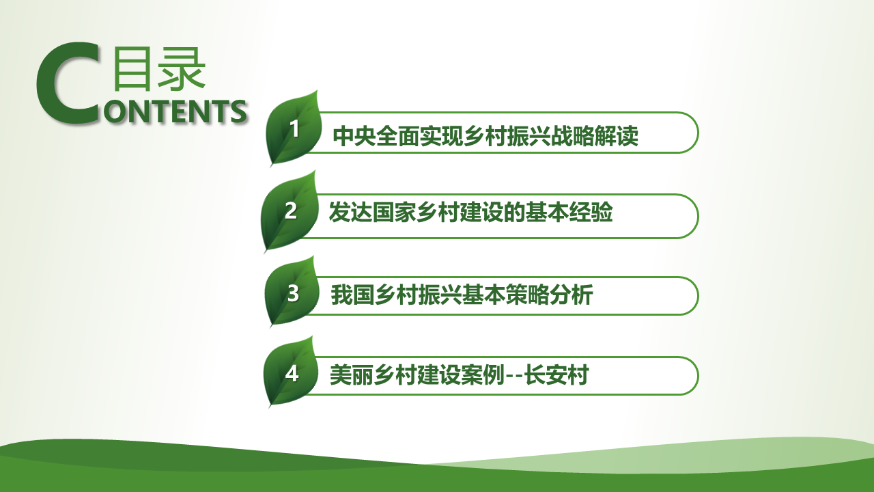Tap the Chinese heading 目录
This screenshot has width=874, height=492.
159,69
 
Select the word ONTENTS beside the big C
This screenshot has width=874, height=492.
175,111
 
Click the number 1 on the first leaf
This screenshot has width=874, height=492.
295,128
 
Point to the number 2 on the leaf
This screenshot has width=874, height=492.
291,211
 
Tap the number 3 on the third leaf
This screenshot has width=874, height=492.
293,293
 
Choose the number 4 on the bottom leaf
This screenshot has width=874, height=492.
292,374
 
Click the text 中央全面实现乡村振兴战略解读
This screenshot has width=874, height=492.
485,136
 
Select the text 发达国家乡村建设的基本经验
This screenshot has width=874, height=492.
470,212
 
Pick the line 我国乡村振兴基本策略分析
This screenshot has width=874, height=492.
462,295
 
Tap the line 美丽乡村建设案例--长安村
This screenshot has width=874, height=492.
460,375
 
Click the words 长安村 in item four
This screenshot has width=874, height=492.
556,375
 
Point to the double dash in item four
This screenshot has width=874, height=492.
514,377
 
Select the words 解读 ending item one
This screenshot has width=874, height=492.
617,136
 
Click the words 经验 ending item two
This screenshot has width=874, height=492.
591,212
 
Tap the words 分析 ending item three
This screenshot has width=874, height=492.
572,295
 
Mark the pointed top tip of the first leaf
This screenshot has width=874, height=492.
318,91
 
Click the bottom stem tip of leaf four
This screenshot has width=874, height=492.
269,407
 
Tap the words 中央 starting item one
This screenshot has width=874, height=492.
354,136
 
